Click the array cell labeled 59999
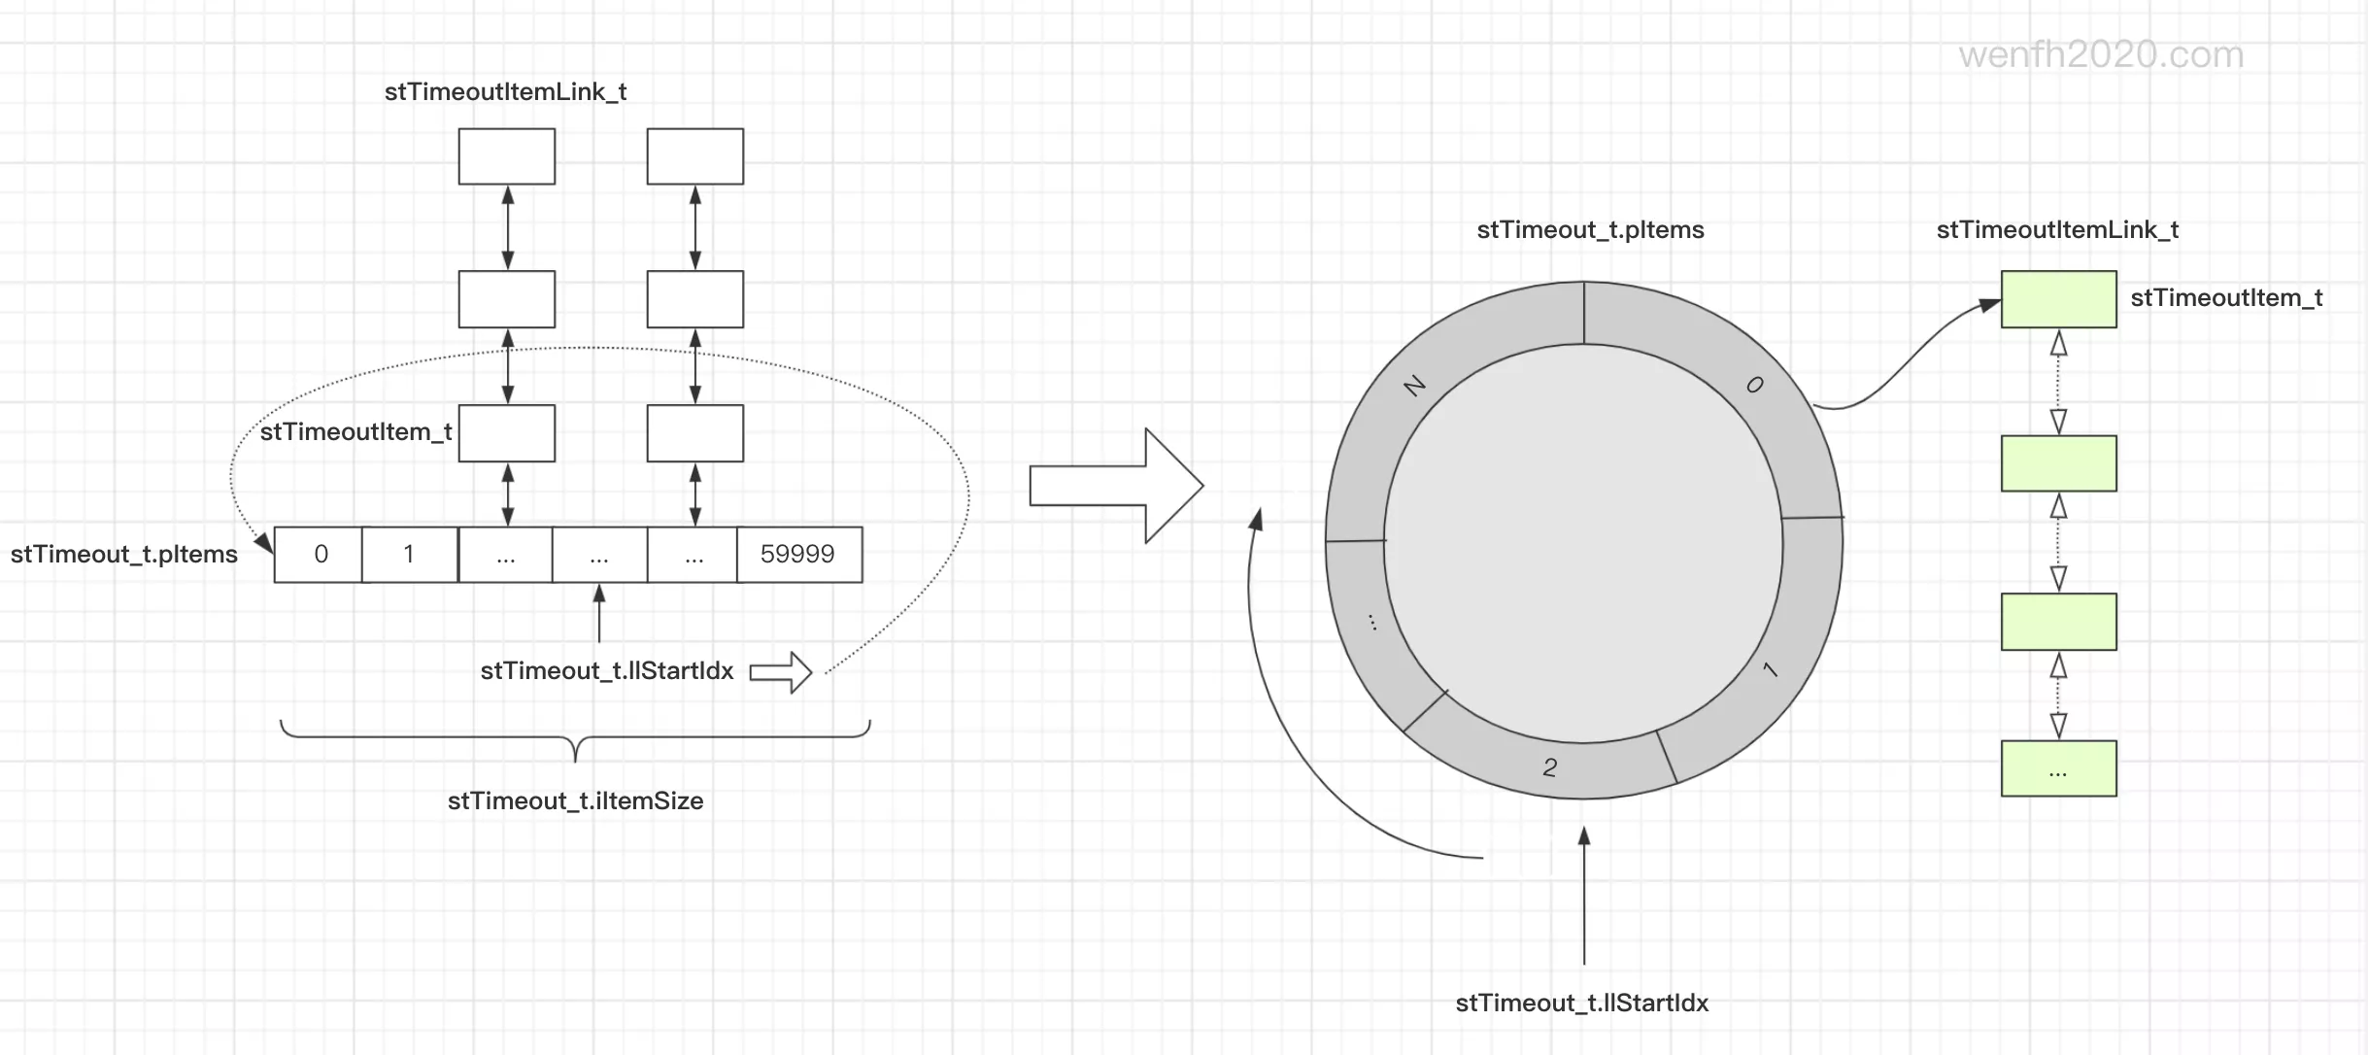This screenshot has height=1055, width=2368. pos(798,555)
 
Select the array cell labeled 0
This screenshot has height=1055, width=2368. pos(320,555)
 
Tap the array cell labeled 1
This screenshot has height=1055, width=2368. pos(409,555)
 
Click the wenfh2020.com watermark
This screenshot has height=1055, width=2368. pos(2100,54)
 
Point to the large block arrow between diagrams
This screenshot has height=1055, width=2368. pos(1117,486)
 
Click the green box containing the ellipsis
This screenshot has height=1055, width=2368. pos(2058,769)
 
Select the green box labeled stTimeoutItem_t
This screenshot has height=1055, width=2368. pos(2058,299)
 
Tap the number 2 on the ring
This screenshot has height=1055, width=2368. pos(1550,767)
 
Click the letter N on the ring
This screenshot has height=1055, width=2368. pos(1415,386)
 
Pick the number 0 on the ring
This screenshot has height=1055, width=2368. pos(1754,385)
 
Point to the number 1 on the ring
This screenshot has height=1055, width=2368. pos(1770,669)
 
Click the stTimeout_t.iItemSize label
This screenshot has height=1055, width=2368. pos(575,801)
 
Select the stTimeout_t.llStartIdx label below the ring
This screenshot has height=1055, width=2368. pos(1581,1004)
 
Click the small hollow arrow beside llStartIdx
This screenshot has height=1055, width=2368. pos(781,672)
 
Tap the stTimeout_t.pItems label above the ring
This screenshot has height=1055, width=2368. pos(1590,230)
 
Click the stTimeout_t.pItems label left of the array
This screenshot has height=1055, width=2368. pos(124,555)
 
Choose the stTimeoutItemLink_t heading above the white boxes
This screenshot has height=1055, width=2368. pos(505,92)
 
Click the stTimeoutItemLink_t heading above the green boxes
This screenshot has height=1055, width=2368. pos(2057,230)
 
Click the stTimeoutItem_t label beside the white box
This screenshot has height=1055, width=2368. pos(355,432)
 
